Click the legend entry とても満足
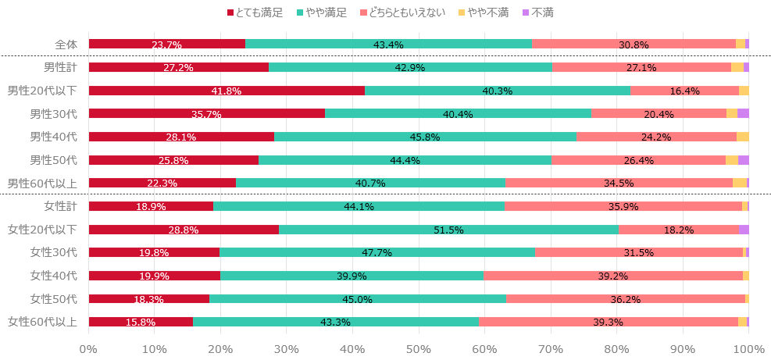tap(255, 12)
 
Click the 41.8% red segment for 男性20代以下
tap(227, 91)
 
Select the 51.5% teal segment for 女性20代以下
tap(448, 230)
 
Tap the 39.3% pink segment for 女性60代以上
tap(609, 322)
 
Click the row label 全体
tap(66, 45)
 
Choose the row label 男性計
tap(59, 68)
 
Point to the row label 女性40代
tap(54, 276)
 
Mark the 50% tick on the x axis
tap(419, 348)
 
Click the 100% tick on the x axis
tap(748, 348)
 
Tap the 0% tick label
tap(88, 348)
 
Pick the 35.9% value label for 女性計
tap(623, 207)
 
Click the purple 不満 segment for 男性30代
tap(743, 114)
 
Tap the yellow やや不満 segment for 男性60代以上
tap(739, 183)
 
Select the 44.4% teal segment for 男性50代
tap(405, 160)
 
